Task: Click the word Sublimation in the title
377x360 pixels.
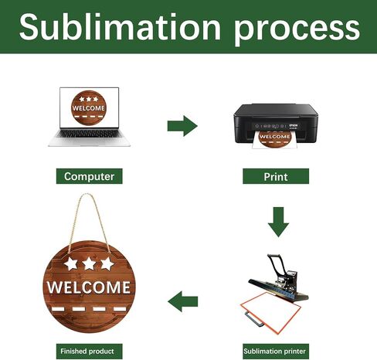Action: [120, 27]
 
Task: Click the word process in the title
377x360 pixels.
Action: [297, 29]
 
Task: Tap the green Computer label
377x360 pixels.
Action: [90, 176]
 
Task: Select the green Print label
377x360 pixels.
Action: [276, 176]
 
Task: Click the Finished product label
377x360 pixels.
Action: [90, 352]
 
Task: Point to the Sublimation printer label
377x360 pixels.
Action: [276, 352]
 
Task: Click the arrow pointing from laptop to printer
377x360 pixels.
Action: [182, 126]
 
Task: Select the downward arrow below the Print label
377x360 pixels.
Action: [278, 222]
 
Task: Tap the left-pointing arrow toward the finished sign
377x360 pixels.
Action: [183, 301]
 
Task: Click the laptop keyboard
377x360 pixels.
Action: [89, 134]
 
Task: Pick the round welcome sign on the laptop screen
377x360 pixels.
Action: [89, 107]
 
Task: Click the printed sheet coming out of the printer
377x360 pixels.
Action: [275, 139]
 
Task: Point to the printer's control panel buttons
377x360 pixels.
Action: [270, 126]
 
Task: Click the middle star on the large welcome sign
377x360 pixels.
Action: [89, 263]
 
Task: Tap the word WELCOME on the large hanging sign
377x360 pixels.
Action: [89, 287]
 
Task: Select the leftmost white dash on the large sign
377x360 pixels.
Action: [58, 309]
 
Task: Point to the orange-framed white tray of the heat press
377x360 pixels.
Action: [270, 312]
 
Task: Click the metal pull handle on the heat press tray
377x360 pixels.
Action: [254, 320]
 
